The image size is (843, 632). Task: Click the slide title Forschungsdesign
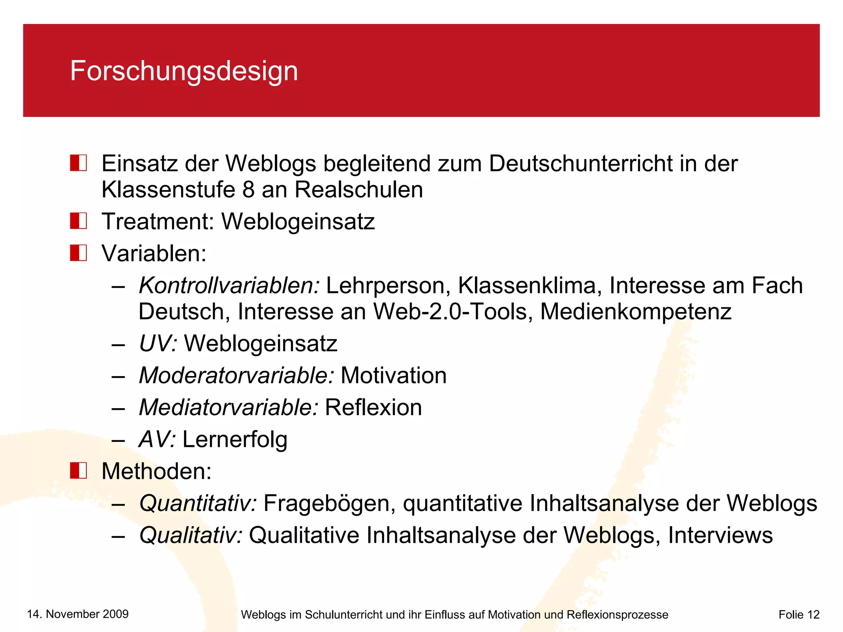(x=184, y=71)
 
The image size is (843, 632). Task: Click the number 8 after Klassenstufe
(x=248, y=190)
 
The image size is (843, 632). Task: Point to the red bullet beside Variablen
(x=78, y=253)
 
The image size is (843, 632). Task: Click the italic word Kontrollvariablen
(x=229, y=285)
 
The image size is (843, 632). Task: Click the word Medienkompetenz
(x=636, y=311)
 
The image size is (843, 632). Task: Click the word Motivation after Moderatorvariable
(x=394, y=375)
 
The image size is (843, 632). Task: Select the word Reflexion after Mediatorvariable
(x=373, y=407)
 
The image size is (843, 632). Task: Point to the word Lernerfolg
(x=235, y=439)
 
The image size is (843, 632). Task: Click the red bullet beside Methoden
(x=78, y=470)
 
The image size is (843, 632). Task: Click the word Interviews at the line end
(x=720, y=535)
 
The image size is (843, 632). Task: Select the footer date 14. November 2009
(x=78, y=614)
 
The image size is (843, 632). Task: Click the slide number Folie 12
(x=799, y=614)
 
